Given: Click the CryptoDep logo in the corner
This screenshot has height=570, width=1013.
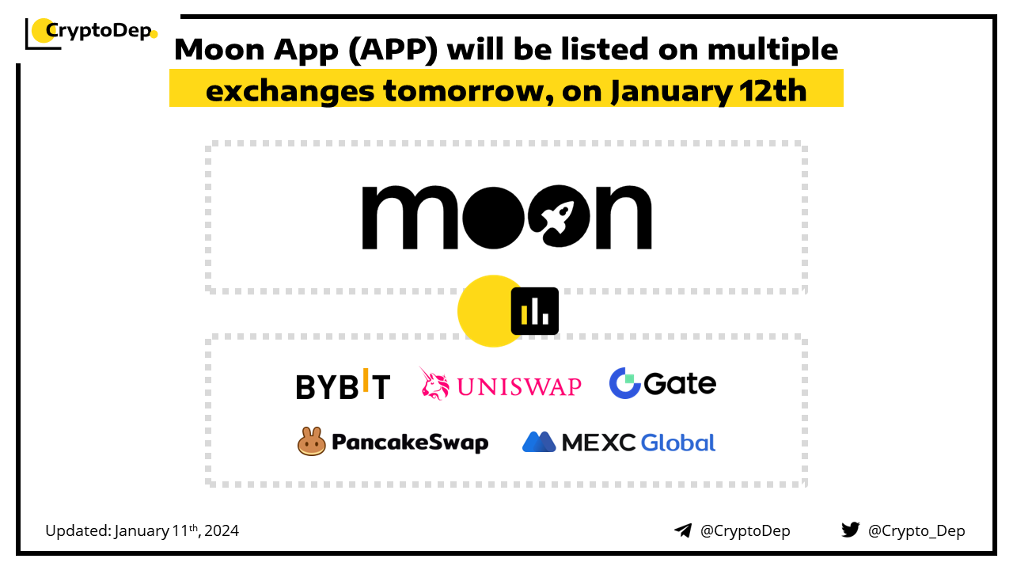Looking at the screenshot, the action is point(91,32).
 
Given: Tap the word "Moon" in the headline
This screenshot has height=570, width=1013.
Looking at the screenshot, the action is point(219,49).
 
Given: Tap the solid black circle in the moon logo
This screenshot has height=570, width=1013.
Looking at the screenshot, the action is point(493,217).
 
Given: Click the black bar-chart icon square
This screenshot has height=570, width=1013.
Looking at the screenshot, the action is point(534,311).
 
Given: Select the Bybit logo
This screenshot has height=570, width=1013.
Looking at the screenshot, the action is point(343,385).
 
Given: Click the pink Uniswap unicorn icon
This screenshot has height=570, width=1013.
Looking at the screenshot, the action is point(434,384).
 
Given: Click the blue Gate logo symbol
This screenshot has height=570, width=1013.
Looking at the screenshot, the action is point(624,383).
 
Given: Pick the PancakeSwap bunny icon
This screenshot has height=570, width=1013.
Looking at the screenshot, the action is point(311,441).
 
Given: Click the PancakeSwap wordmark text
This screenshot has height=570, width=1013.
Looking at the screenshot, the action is point(410,443).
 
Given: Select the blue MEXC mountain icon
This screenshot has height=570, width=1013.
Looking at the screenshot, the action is point(539,442).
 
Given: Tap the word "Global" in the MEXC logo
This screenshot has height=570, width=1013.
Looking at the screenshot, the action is point(678,443).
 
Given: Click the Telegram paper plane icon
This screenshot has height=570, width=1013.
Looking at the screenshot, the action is point(683,530).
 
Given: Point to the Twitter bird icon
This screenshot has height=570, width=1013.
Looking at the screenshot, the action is point(851,530).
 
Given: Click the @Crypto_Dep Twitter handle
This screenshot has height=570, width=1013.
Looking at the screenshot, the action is point(916,531).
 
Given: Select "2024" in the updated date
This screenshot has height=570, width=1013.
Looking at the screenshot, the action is point(222,530).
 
